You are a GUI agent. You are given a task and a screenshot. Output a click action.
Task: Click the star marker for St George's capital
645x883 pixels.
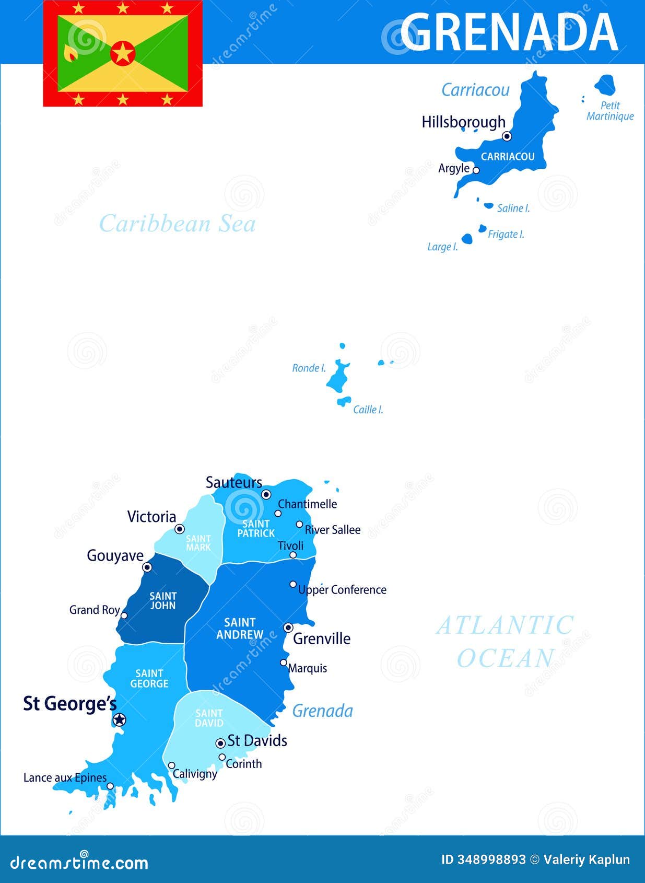[x=120, y=719]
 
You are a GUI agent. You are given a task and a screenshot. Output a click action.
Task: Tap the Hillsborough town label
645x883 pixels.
[x=463, y=122]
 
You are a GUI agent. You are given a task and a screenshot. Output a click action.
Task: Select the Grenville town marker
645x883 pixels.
[x=288, y=628]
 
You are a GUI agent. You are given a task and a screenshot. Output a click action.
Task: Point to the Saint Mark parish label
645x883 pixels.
[x=198, y=543]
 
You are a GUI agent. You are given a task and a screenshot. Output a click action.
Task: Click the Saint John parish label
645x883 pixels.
[x=163, y=600]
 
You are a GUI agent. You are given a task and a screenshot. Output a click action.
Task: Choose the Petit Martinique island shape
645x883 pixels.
[x=605, y=85]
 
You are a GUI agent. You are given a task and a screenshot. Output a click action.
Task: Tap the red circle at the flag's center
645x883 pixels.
[x=123, y=53]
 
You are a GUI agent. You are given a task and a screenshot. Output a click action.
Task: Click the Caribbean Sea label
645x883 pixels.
[x=178, y=224]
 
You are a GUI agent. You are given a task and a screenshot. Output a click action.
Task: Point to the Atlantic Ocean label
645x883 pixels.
[x=505, y=642]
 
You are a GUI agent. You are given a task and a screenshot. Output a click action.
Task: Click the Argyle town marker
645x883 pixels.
[x=476, y=170]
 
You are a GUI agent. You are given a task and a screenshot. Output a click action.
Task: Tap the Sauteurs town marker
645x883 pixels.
[x=266, y=494]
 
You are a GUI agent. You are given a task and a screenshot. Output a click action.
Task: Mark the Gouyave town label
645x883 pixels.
[x=115, y=555]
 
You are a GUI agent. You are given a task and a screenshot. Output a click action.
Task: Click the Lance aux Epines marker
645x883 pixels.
[x=110, y=786]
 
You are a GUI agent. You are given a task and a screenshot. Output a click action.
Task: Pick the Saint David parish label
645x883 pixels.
[x=209, y=718]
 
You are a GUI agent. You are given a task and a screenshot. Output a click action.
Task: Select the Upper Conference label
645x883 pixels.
[x=342, y=590]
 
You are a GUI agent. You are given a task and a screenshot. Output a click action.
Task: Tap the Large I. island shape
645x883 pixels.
[x=467, y=239]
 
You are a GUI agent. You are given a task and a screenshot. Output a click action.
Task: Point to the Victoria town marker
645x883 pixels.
[x=180, y=529]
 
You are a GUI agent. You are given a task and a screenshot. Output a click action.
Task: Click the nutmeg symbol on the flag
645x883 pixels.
[x=69, y=53]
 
